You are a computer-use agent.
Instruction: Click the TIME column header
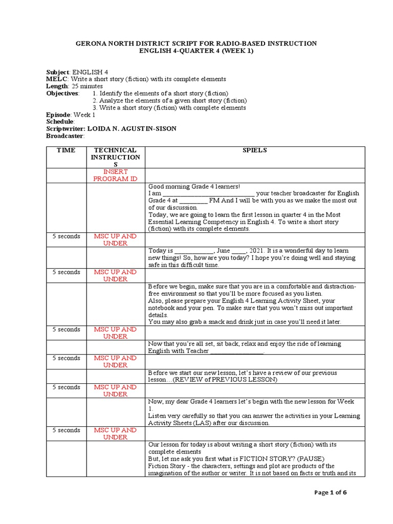66,150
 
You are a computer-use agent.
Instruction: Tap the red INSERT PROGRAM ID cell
116,175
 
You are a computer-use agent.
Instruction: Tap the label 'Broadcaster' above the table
64,136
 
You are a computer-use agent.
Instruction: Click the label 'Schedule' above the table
60,122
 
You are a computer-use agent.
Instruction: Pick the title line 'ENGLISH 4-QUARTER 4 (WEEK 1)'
196,51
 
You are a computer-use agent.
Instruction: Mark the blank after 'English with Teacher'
237,352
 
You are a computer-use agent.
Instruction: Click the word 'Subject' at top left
58,72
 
